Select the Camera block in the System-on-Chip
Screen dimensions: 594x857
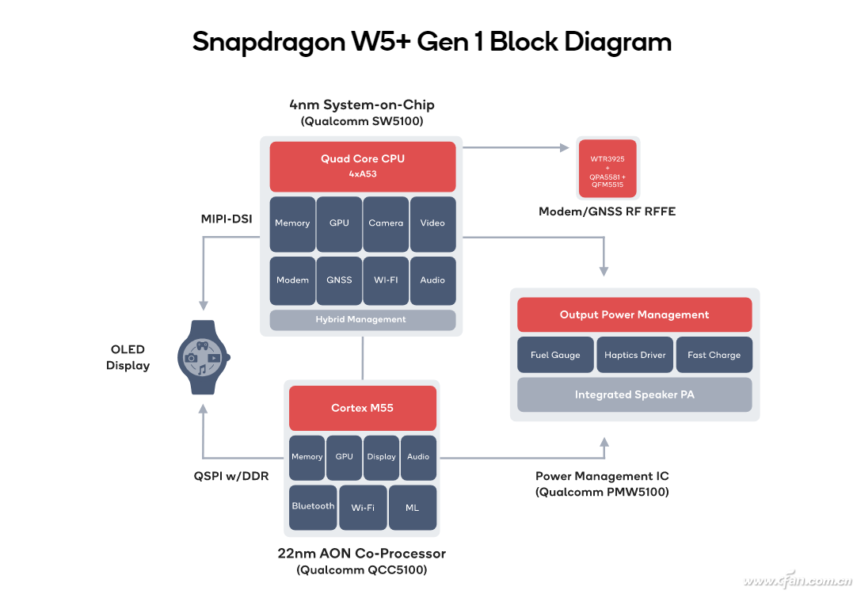coord(386,223)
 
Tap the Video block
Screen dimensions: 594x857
coord(432,223)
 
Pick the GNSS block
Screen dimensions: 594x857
coord(339,280)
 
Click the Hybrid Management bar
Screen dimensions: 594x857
coord(363,320)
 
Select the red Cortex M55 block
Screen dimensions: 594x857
coord(362,408)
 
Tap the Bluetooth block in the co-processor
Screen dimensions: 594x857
coord(313,507)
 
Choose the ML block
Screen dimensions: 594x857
coord(412,507)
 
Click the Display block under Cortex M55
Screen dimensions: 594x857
coord(381,457)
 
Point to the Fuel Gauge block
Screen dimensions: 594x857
coord(554,355)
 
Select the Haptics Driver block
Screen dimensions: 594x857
coord(634,355)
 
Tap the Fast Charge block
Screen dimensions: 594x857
coord(714,355)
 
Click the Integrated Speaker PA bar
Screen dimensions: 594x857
coord(634,394)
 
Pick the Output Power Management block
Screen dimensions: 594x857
coord(634,314)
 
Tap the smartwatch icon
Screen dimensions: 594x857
coord(202,357)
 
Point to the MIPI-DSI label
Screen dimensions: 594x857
coord(227,219)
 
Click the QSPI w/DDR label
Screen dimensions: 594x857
coord(231,476)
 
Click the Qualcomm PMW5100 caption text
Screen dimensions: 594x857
coord(602,493)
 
